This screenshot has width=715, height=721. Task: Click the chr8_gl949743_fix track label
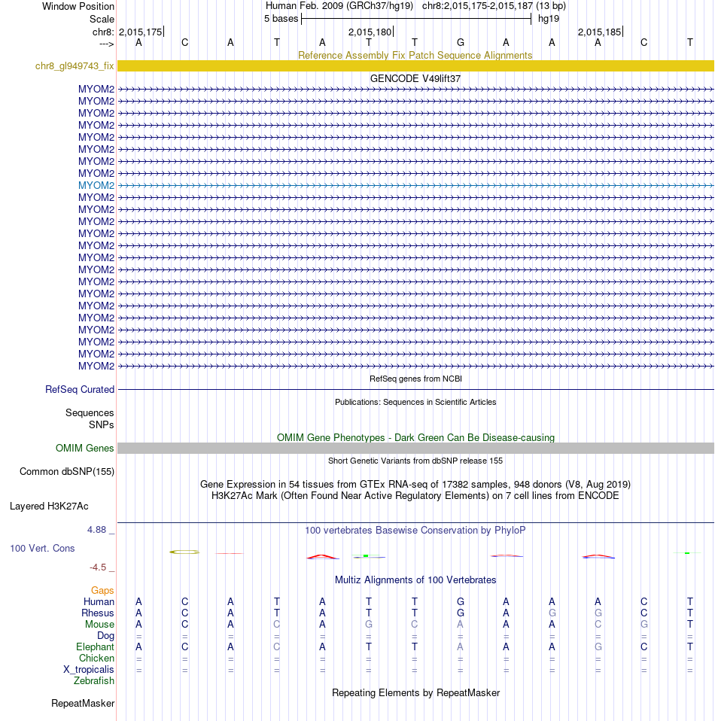75,66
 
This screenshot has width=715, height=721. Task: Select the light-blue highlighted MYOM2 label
96,185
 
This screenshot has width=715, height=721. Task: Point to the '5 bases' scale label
281,19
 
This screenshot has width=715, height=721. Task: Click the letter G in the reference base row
461,42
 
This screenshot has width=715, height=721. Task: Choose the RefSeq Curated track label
80,390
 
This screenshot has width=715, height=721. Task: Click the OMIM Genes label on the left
85,449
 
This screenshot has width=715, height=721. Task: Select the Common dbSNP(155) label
67,472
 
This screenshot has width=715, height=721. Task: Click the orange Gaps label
102,591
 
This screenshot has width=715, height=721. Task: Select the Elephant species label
95,647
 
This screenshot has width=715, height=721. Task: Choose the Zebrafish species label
94,681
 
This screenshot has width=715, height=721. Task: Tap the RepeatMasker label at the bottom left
83,704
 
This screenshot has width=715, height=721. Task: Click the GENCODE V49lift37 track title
415,78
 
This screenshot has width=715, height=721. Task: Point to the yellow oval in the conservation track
185,552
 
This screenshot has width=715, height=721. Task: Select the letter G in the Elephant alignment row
598,647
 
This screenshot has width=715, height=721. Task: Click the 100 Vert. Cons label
42,549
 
